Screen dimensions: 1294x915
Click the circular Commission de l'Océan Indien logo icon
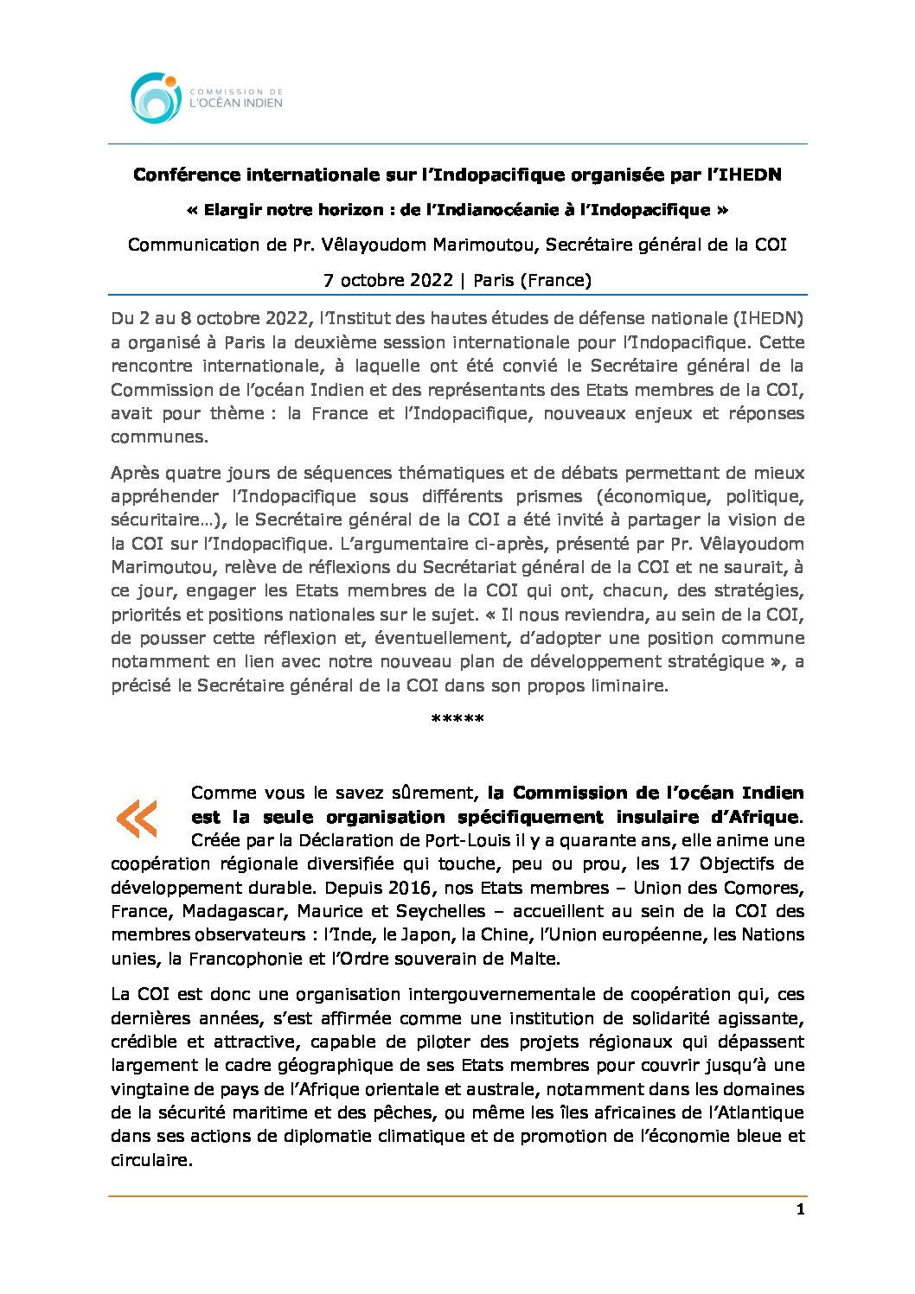[x=157, y=97]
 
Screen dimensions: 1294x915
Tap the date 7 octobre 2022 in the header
[x=388, y=280]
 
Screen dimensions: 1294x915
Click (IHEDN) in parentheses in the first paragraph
[x=768, y=318]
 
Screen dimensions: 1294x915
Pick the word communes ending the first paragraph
[x=158, y=437]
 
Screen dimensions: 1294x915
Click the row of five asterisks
[x=457, y=719]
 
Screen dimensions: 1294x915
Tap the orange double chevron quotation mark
[x=137, y=818]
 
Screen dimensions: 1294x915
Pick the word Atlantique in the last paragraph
[x=758, y=1112]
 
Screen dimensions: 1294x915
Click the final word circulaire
[x=150, y=1160]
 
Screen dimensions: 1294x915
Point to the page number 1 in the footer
[x=800, y=1209]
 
